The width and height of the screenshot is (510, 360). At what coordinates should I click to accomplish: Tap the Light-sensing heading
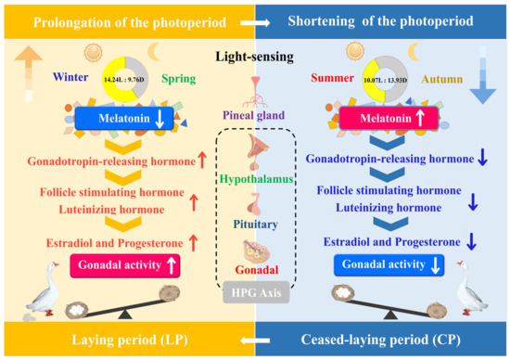(x=254, y=56)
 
